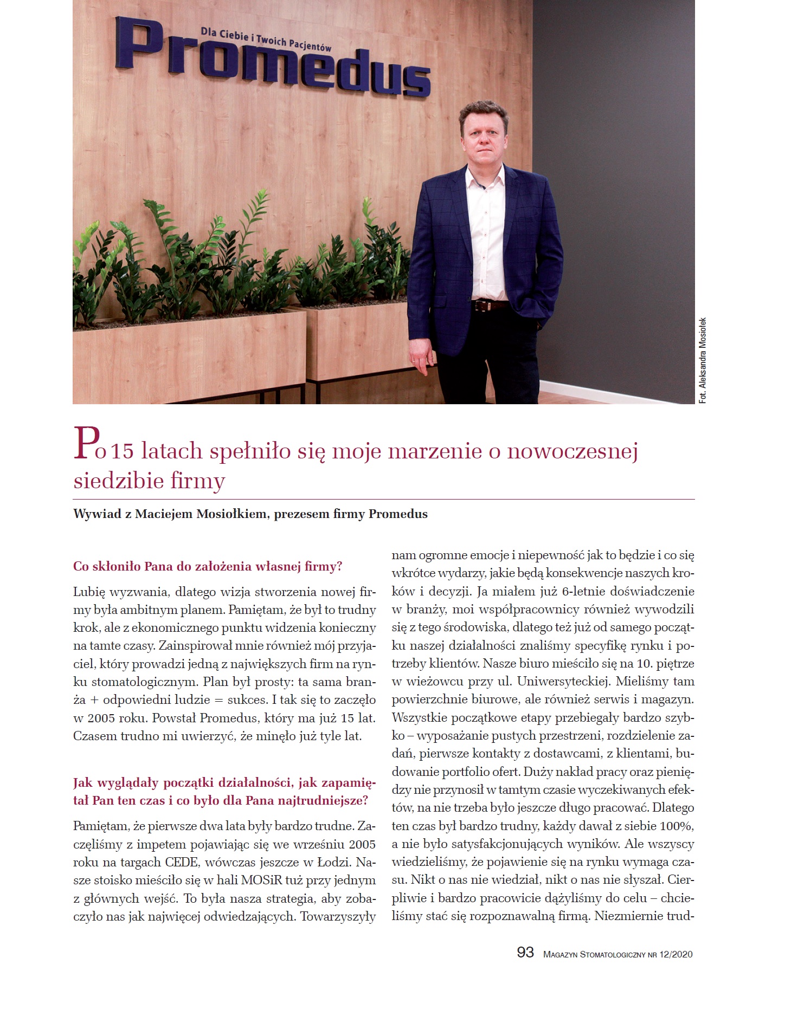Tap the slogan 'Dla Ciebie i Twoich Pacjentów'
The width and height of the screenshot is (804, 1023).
point(266,40)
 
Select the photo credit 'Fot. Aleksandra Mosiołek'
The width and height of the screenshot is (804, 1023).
point(703,360)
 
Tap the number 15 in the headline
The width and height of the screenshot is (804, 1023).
point(125,451)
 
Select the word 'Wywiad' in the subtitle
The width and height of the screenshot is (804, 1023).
point(95,514)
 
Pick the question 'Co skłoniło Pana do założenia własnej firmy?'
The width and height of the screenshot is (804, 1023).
point(208,567)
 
